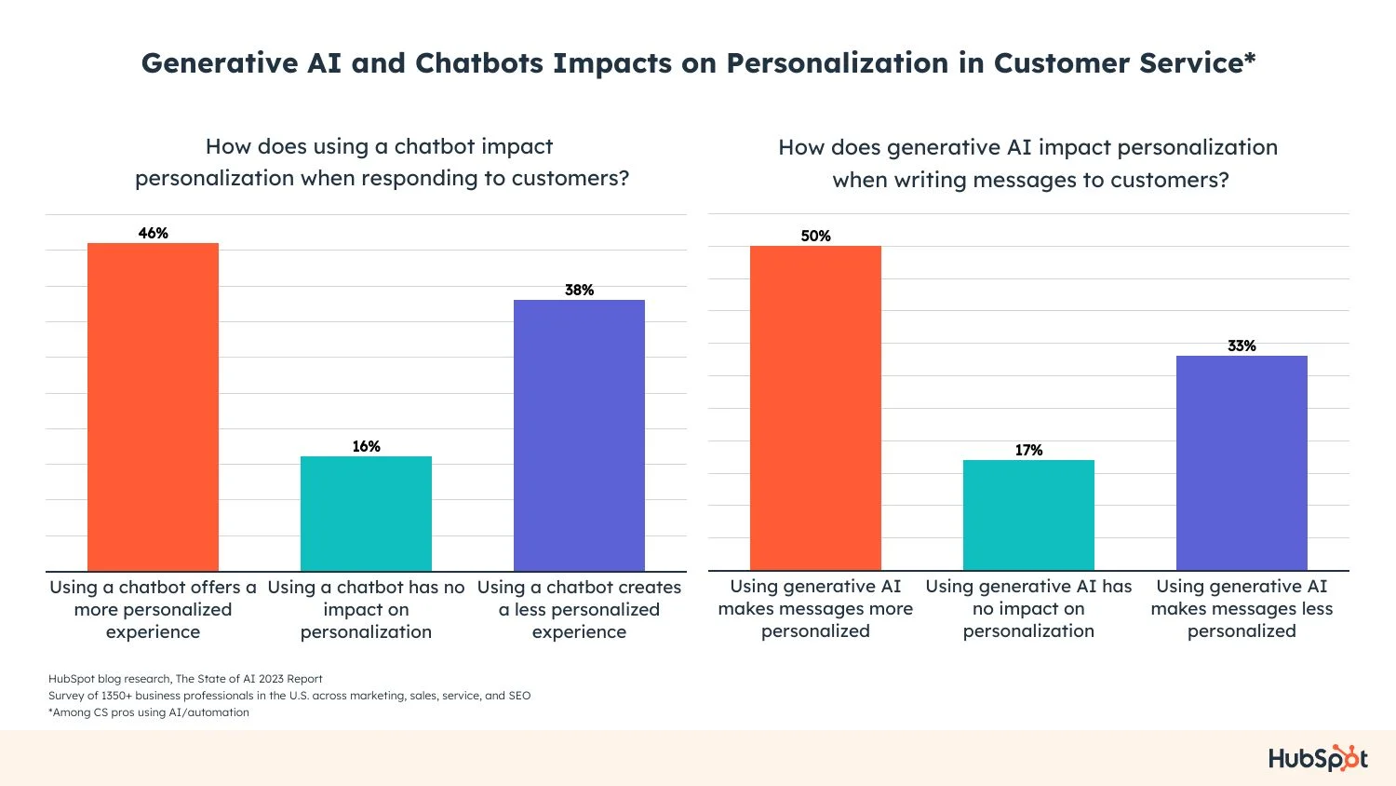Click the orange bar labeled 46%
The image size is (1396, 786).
(x=153, y=407)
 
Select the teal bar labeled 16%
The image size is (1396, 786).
(x=366, y=513)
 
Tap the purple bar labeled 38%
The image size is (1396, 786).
(x=579, y=435)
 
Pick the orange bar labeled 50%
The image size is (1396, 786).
(x=815, y=408)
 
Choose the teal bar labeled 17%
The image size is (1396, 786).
(x=1028, y=515)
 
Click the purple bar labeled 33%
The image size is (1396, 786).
(x=1242, y=463)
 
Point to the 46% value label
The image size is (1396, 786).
(x=153, y=233)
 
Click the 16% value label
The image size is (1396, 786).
(x=366, y=446)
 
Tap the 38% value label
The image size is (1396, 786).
(x=579, y=290)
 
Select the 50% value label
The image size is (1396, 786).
(x=815, y=236)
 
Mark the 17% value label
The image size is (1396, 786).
(x=1028, y=450)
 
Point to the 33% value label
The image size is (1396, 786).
(x=1242, y=346)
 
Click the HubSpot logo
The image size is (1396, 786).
(x=1318, y=758)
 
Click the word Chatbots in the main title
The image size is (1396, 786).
(x=479, y=63)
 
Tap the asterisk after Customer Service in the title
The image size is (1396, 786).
(x=1250, y=60)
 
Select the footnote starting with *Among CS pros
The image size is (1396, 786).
(x=149, y=712)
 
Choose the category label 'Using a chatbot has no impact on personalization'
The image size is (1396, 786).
(x=366, y=609)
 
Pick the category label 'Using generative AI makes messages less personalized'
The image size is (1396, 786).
(x=1242, y=608)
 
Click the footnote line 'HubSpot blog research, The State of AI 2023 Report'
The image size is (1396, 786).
(x=185, y=679)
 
